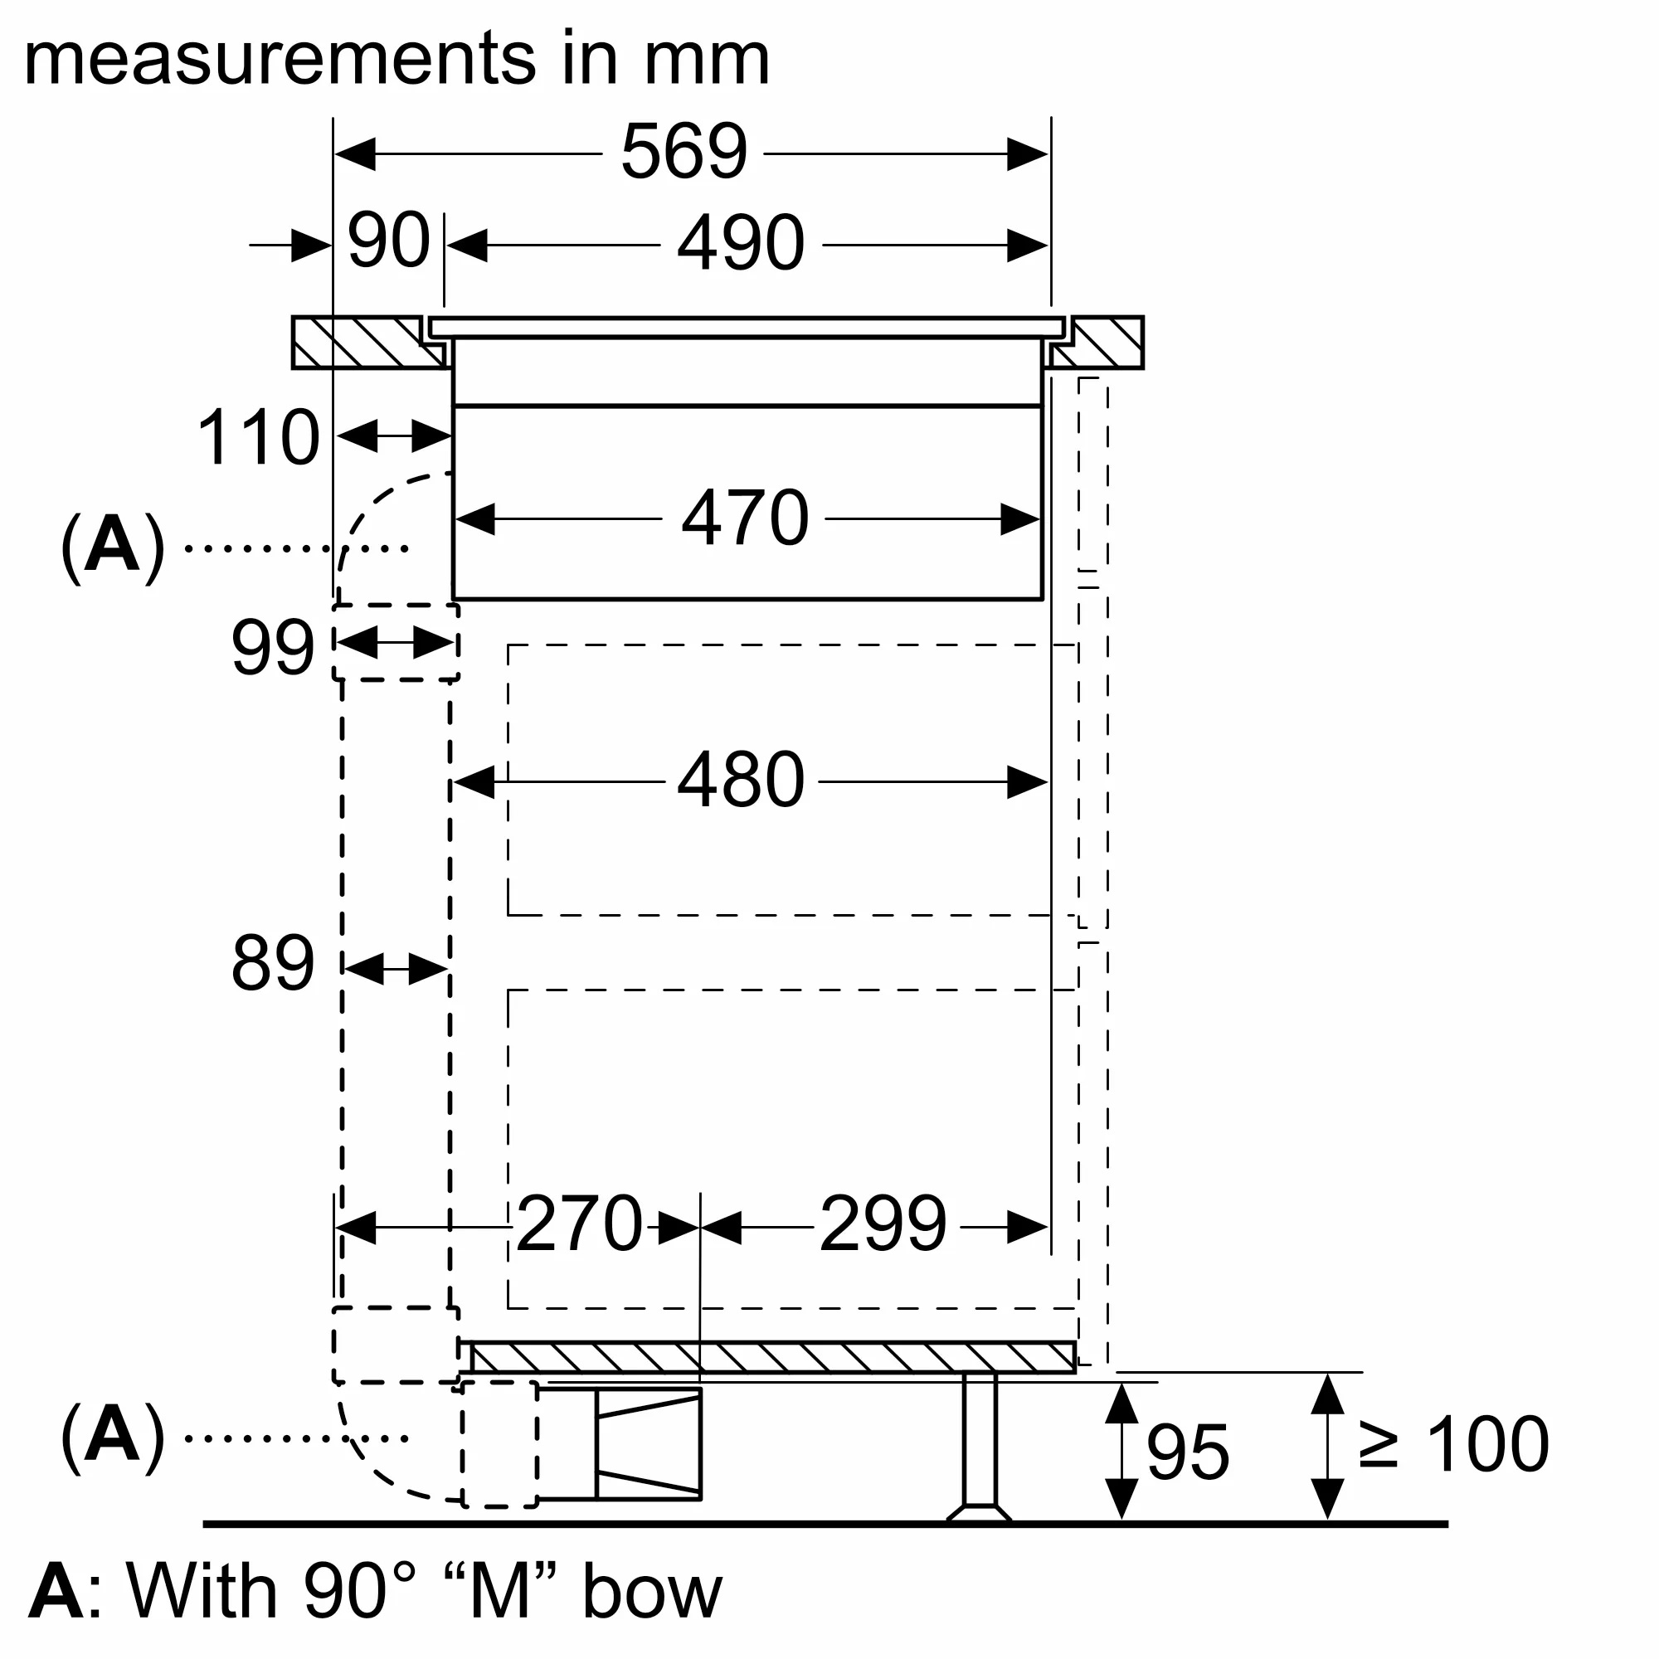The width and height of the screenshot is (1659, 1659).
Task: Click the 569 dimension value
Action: pyautogui.click(x=684, y=152)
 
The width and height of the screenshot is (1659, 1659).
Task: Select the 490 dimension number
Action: pyautogui.click(x=740, y=243)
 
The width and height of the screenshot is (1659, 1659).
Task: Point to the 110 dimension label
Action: pyautogui.click(x=259, y=438)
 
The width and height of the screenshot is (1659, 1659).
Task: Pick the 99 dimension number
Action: pyautogui.click(x=272, y=648)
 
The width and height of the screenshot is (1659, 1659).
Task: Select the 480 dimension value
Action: pyautogui.click(x=740, y=781)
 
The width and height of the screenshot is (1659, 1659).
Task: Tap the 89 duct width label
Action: pyautogui.click(x=272, y=963)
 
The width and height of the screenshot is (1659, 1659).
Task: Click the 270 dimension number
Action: pyautogui.click(x=580, y=1224)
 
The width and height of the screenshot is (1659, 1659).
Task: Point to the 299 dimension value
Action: pyautogui.click(x=883, y=1224)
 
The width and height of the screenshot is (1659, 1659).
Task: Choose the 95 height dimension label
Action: pyautogui.click(x=1188, y=1453)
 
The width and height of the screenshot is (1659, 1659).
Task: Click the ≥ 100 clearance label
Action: pyautogui.click(x=1454, y=1445)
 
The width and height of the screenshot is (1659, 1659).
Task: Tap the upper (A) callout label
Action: pyautogui.click(x=113, y=547)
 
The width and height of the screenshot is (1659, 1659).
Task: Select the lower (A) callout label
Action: pyautogui.click(x=113, y=1437)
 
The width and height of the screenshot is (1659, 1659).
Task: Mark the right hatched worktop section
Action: pyautogui.click(x=1103, y=343)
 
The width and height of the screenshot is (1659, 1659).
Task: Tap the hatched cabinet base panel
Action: pyautogui.click(x=773, y=1358)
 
